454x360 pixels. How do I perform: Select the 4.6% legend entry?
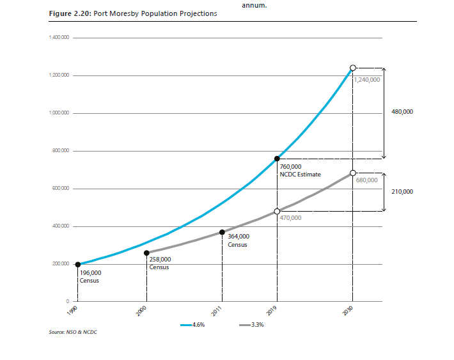click(196, 325)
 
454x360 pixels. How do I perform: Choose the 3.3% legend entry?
click(256, 325)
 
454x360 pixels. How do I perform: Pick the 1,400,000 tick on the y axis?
click(58, 38)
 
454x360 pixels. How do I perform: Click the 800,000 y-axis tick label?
click(59, 151)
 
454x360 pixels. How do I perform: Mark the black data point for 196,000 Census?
click(78, 265)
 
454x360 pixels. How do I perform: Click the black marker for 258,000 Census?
click(147, 253)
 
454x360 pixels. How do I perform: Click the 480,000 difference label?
click(401, 112)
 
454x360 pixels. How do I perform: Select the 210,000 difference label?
click(401, 191)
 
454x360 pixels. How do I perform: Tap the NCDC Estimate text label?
click(300, 174)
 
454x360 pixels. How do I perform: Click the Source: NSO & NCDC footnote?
click(73, 332)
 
